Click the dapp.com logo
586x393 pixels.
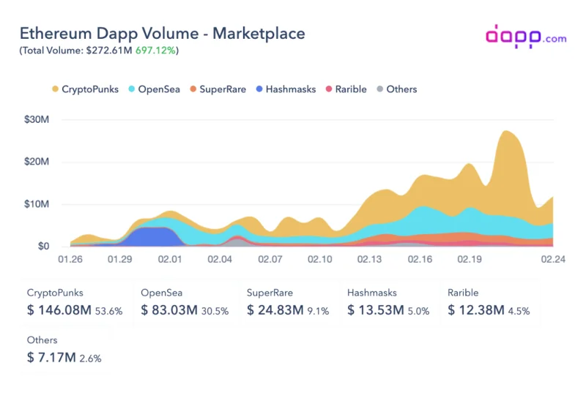(526, 37)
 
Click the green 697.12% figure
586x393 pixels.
(155, 50)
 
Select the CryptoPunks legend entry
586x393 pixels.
(85, 89)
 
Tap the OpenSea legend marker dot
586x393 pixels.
(132, 89)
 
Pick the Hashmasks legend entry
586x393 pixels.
(286, 89)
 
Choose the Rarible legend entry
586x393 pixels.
(346, 89)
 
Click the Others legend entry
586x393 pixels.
(397, 89)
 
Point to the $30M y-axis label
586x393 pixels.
(37, 119)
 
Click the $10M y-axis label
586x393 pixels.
(37, 204)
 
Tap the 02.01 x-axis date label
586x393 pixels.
(170, 259)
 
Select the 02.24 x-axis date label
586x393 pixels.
(553, 259)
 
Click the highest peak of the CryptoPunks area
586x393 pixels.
(505, 131)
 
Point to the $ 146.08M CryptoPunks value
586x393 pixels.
(59, 310)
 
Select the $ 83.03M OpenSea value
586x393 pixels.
(169, 310)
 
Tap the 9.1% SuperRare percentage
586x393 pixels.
(318, 311)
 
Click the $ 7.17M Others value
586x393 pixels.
(51, 358)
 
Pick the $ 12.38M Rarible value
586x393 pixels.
(475, 310)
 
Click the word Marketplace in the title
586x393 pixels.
(259, 34)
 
